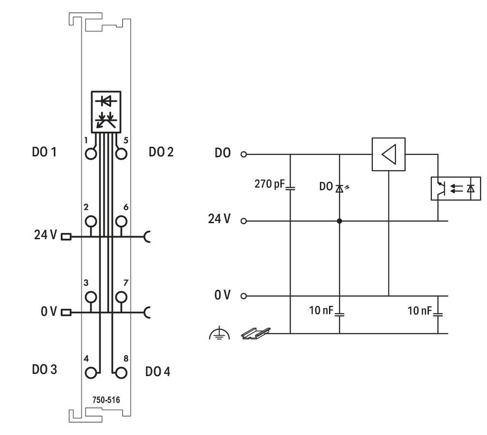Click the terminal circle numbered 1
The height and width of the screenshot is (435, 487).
pos(91,154)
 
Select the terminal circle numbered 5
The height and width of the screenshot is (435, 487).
pos(121,154)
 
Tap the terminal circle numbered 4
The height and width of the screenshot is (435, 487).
pos(91,373)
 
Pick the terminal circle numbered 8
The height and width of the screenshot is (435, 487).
pos(121,373)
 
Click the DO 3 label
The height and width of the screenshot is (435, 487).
pos(44,369)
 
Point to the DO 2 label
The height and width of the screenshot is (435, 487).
pos(161,152)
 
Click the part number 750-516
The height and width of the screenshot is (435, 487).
pos(106,400)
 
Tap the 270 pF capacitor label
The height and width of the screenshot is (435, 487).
pos(269,184)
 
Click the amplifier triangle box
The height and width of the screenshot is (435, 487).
pos(389,154)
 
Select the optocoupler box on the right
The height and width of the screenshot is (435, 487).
pos(456,189)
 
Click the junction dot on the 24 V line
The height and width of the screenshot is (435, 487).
pos(340,221)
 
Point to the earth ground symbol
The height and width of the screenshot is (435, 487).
pos(220,333)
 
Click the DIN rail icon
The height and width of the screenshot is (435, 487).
pos(256,333)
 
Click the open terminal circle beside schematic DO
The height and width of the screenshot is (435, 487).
pos(244,154)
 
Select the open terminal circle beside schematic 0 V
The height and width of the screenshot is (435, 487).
pos(244,296)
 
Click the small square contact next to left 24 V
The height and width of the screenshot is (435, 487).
pos(66,237)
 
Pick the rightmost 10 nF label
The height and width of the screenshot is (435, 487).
pos(419,311)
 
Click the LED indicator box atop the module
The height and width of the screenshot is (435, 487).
pos(106,112)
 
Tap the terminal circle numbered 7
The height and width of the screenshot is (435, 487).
pos(121,297)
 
